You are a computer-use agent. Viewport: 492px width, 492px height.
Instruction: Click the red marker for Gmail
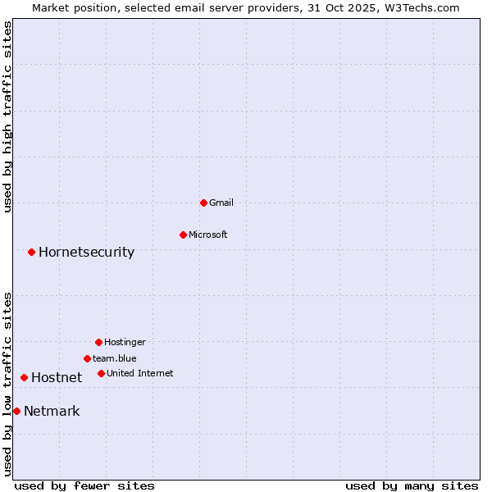[203, 203]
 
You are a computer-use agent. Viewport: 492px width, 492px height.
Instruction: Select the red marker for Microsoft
[183, 235]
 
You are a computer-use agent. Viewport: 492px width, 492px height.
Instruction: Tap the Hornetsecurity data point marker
[31, 252]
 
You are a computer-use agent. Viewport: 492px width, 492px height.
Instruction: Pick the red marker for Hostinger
[98, 342]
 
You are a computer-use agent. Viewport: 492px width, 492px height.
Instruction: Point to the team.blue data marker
[87, 358]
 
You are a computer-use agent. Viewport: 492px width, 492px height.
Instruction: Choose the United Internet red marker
[101, 373]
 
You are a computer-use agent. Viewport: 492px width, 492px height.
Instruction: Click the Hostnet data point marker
[24, 377]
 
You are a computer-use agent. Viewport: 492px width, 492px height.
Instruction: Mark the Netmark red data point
[16, 411]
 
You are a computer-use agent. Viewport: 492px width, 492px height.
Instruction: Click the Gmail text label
[221, 203]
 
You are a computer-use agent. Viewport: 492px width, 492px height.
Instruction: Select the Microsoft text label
[208, 235]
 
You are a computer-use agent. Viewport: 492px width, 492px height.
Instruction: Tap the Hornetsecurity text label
[86, 252]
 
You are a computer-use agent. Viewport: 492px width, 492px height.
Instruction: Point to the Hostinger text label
[125, 342]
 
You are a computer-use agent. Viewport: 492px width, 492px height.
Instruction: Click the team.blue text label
[115, 358]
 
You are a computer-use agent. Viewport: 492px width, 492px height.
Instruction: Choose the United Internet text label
[140, 373]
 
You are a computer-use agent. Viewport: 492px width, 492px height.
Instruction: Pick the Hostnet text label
[57, 377]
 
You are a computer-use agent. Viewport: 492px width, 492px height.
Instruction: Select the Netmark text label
[52, 411]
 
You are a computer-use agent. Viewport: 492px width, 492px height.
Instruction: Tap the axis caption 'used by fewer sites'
[84, 485]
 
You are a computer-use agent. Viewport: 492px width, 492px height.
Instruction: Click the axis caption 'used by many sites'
[412, 485]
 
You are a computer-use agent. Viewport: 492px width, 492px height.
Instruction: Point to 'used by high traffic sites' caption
[7, 116]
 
